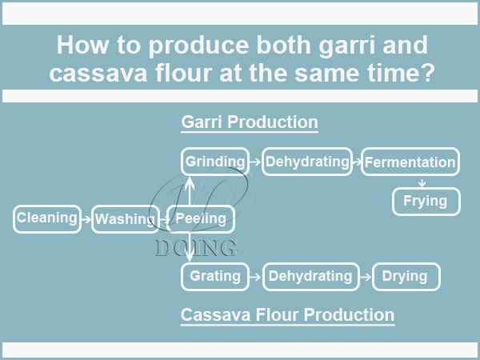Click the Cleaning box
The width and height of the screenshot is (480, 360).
47,218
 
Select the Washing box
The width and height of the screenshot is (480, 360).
125,219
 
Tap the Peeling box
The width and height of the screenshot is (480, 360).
201,218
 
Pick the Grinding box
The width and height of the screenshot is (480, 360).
214,162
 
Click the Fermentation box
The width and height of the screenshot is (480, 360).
410,162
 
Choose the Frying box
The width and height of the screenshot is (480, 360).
426,202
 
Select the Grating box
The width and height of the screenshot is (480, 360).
215,277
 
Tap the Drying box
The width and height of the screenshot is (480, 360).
405,277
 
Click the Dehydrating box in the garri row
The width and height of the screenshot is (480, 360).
308,162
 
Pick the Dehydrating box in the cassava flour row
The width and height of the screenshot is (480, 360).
310,277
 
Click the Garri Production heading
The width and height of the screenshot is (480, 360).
250,123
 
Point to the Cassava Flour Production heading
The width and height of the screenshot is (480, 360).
287,315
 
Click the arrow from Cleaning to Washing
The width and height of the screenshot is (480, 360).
87,218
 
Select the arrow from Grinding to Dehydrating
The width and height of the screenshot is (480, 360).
254,162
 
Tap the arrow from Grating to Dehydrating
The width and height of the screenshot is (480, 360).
255,278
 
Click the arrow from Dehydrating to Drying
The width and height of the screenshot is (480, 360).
366,278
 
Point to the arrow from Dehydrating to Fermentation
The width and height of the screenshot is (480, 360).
357,162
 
